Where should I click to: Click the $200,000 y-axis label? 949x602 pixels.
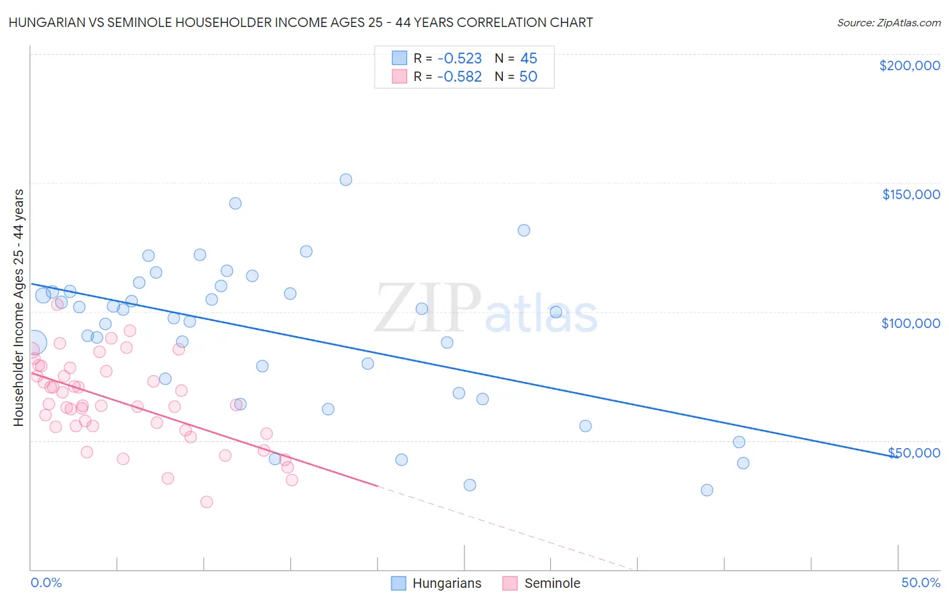coord(909,65)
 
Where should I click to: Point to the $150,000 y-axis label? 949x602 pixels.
coord(911,194)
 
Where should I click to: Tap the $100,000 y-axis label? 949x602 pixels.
coord(911,323)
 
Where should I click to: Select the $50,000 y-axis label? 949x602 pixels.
coord(914,452)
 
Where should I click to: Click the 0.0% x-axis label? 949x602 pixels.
coord(46,582)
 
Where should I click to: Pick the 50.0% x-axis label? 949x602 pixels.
coord(921,582)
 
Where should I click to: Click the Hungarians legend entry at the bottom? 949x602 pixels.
coord(437,583)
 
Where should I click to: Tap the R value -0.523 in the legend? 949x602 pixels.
coord(459,59)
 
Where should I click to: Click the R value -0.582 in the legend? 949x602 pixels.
coord(459,77)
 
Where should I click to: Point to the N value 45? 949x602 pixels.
coord(528,59)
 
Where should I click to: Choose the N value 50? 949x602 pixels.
coord(528,77)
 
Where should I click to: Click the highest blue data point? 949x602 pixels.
coord(346,180)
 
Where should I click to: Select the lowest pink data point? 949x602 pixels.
coord(207,502)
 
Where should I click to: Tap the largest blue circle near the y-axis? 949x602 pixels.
coord(34,342)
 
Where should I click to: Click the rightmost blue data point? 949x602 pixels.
coord(743,463)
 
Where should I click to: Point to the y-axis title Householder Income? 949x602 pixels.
coord(18,308)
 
